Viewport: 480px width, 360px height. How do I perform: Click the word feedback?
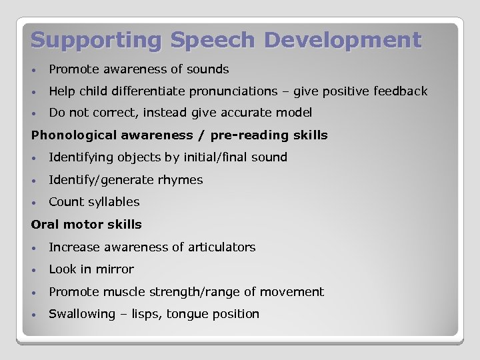(x=399, y=91)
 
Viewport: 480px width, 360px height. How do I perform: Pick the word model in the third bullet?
(x=294, y=113)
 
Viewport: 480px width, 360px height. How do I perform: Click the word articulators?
(x=223, y=247)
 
